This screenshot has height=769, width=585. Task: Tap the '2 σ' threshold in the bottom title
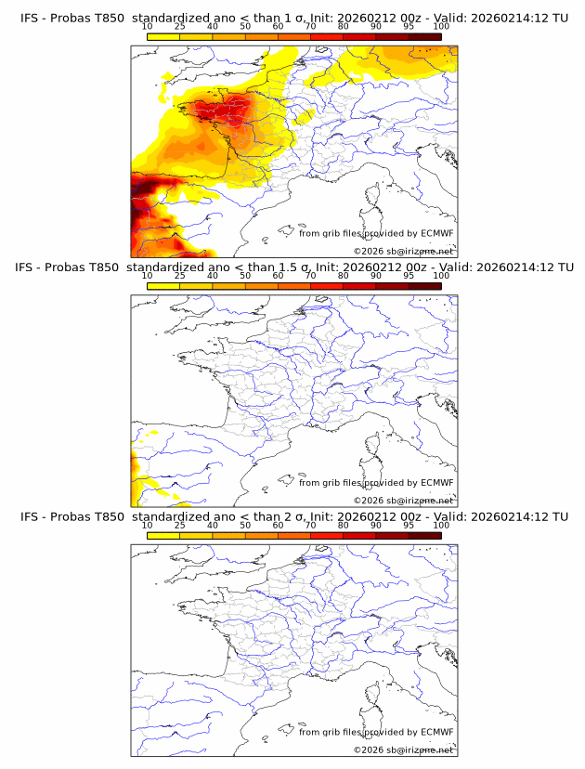(x=295, y=516)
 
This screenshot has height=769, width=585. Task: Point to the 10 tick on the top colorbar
(x=148, y=26)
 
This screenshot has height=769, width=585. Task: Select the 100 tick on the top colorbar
(x=440, y=26)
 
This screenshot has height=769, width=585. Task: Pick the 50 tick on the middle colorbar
(x=245, y=277)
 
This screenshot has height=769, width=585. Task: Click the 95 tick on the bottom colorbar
(x=409, y=526)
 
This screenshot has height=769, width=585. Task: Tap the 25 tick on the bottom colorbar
(x=180, y=526)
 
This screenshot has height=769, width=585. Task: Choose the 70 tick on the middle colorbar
(x=310, y=277)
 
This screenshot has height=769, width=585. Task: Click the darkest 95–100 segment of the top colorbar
(x=424, y=36)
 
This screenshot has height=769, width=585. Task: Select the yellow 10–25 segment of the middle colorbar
(x=163, y=287)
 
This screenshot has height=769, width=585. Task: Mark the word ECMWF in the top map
(x=436, y=233)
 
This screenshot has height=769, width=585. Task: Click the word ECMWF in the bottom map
(x=436, y=732)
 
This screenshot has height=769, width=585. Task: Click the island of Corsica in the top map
(x=375, y=198)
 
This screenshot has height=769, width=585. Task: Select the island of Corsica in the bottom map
(x=375, y=697)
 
